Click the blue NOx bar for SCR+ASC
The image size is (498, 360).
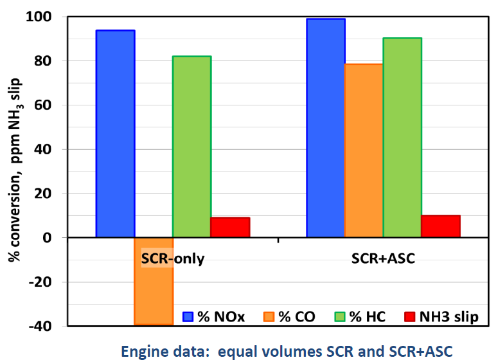pyautogui.click(x=326, y=128)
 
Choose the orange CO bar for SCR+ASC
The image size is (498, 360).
pyautogui.click(x=364, y=150)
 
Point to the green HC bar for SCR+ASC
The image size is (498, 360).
pyautogui.click(x=402, y=138)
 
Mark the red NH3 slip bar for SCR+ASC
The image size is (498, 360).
pyautogui.click(x=441, y=226)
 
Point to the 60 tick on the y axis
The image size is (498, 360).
pyautogui.click(x=53, y=105)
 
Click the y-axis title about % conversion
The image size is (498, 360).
pyautogui.click(x=15, y=170)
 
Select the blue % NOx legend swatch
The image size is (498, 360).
pyautogui.click(x=188, y=316)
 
